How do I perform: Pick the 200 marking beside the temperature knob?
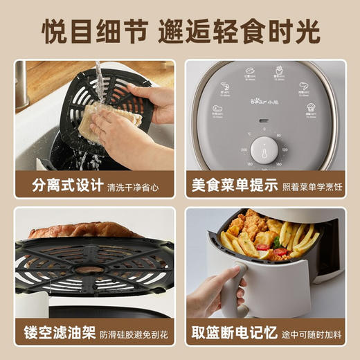244,150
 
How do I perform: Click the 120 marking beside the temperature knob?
285,150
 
